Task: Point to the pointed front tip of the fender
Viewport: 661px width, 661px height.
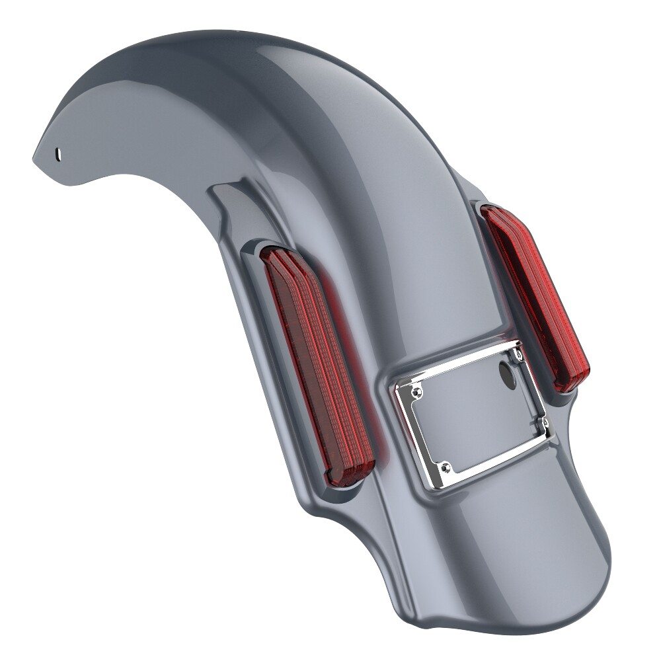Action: coord(35,157)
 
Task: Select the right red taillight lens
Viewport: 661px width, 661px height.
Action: coord(535,297)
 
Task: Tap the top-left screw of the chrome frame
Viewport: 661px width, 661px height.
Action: coord(415,393)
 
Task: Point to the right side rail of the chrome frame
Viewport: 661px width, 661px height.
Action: coord(534,390)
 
